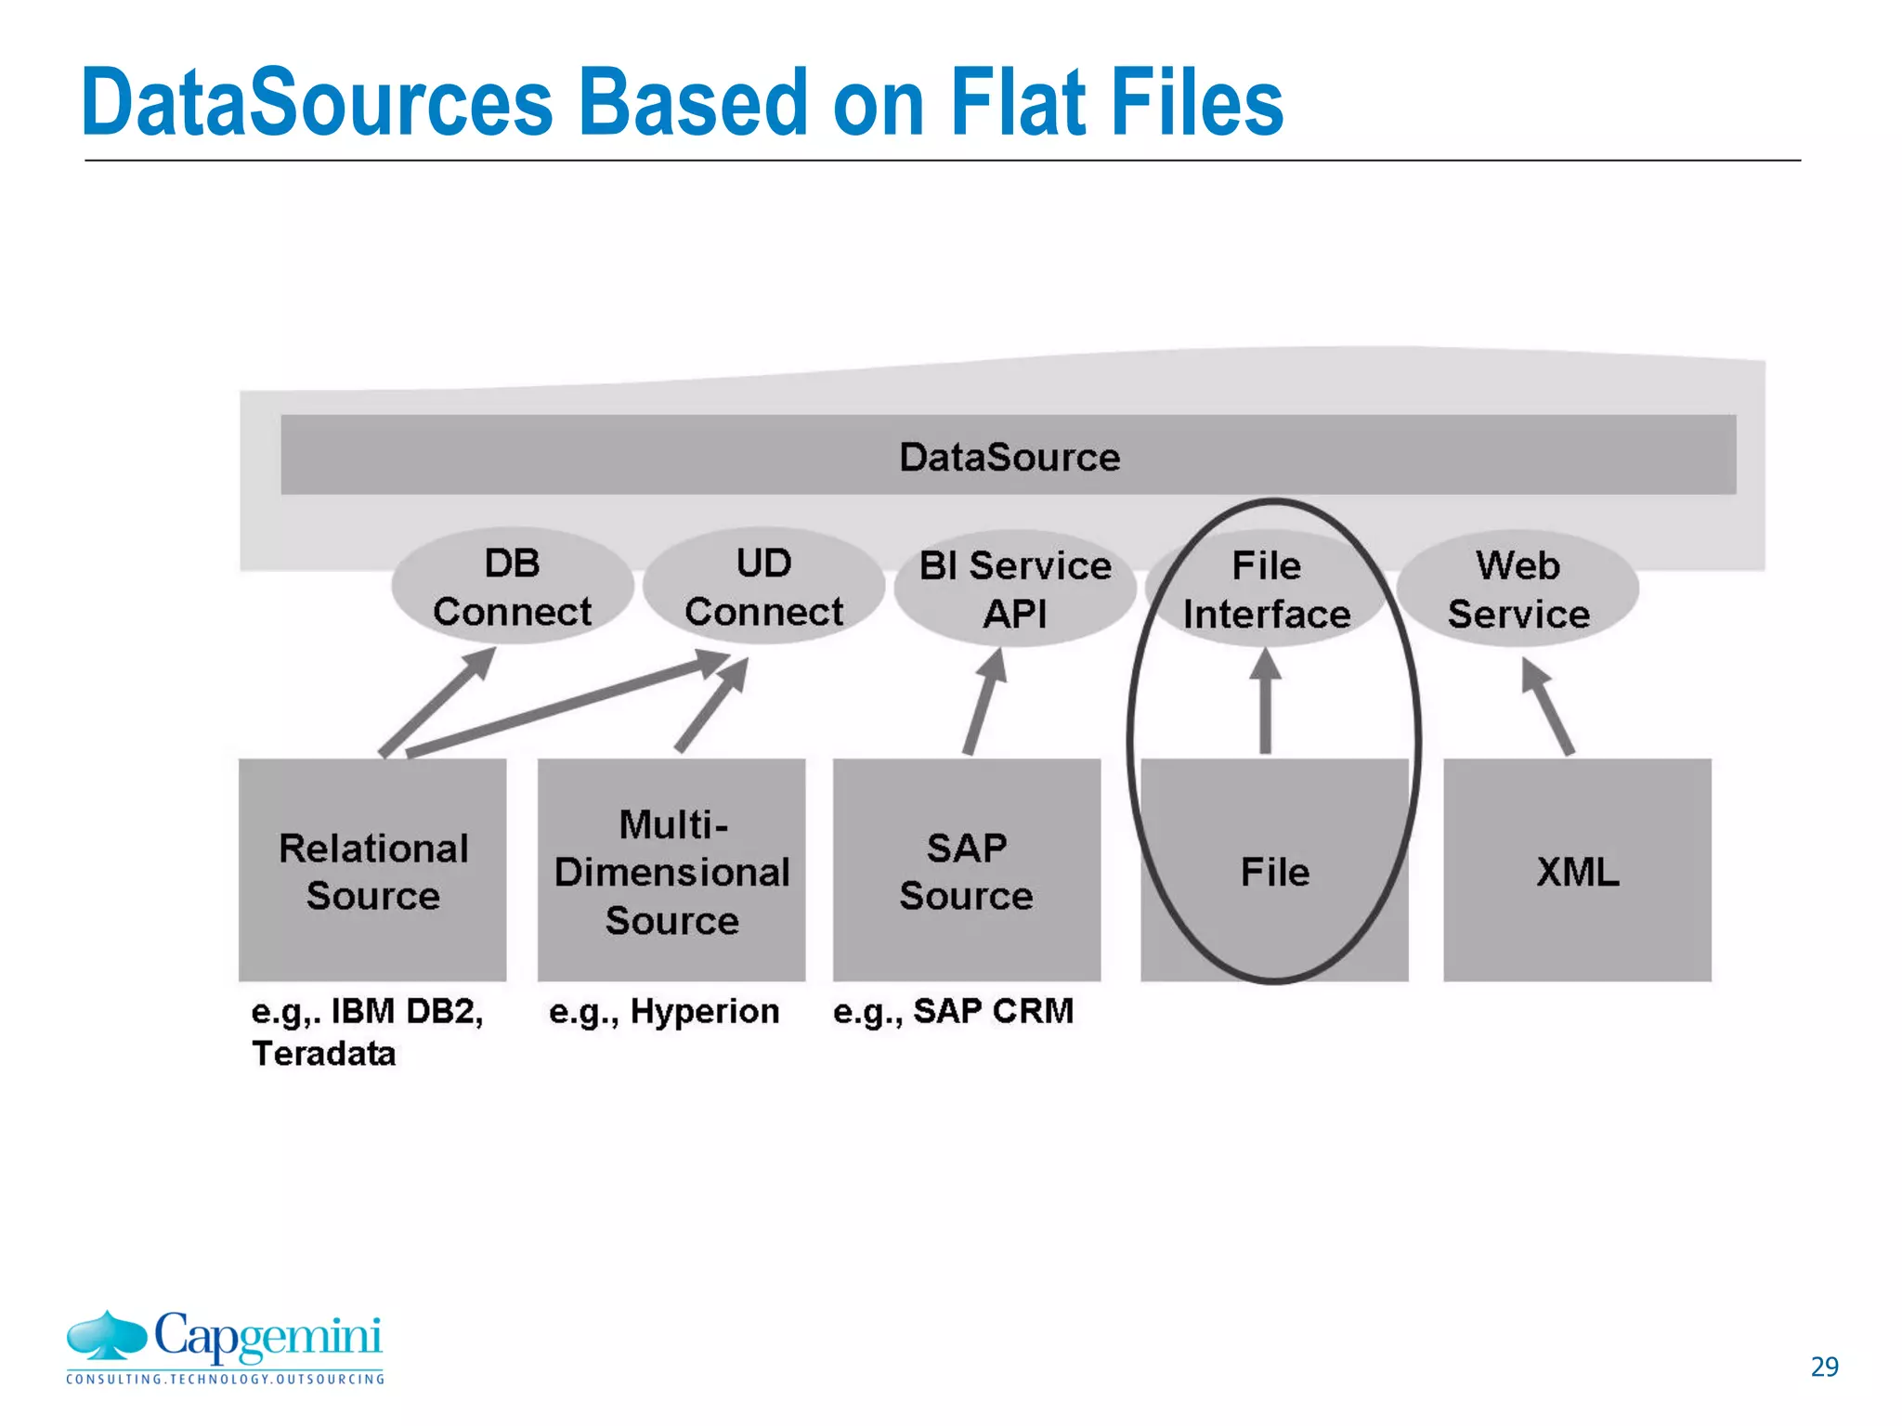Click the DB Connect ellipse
coord(512,587)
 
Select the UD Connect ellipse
coord(763,587)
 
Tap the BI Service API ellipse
coord(1014,590)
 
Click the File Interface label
coord(1266,590)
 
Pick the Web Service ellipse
coord(1518,590)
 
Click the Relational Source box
coord(372,870)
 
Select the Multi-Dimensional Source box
coord(671,870)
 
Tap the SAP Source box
coord(966,870)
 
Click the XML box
coord(1577,870)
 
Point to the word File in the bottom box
coord(1274,872)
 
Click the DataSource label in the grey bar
coord(1009,457)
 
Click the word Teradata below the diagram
coord(323,1054)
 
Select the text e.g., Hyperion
coord(664,1011)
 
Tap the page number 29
coord(1824,1367)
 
